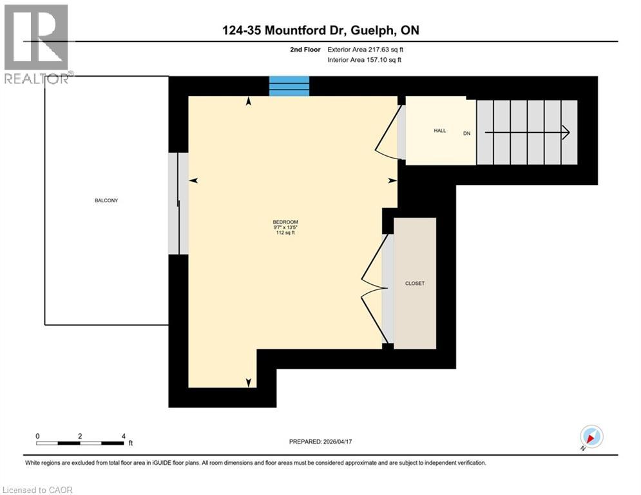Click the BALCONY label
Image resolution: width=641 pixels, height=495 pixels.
[x=106, y=200]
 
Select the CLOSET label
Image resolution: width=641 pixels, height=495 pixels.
[x=415, y=284]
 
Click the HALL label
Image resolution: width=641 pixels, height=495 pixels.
[x=440, y=130]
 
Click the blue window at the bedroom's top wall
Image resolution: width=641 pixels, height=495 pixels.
[x=289, y=86]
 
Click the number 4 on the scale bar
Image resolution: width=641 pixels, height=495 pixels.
[x=122, y=436]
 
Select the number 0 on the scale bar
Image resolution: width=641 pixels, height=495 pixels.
[x=37, y=436]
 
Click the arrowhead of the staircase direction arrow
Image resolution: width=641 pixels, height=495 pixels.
[x=566, y=132]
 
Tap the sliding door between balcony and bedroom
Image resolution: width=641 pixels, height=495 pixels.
[x=178, y=203]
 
